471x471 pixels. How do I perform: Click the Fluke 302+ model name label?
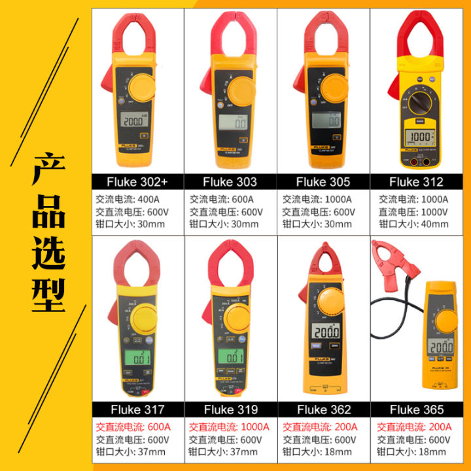click(137, 182)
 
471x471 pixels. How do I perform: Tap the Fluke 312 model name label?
click(416, 182)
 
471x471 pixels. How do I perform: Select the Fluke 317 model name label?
click(137, 410)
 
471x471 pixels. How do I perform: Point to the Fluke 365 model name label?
click(416, 410)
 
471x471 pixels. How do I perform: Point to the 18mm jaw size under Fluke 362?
click(347, 451)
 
